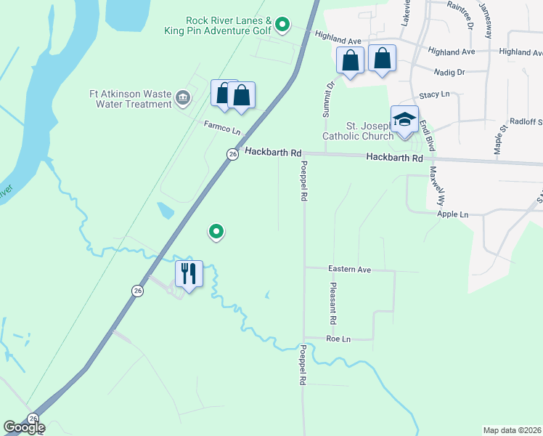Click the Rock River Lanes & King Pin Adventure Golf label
[229, 25]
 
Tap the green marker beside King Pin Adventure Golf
[283, 26]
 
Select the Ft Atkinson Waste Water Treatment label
[131, 98]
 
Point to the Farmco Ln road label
[221, 128]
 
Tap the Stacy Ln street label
[434, 95]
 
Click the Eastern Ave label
[349, 269]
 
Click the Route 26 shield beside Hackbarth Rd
[232, 154]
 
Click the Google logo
[24, 427]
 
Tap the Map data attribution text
[513, 430]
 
